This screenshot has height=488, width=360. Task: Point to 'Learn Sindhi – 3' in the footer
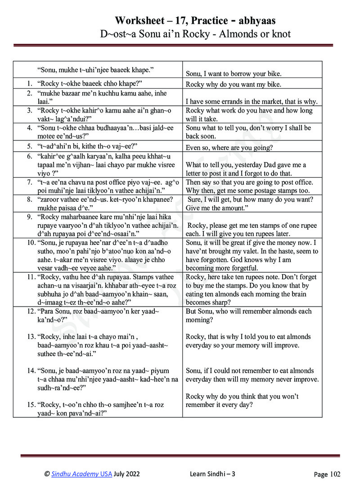pyautogui.click(x=212, y=474)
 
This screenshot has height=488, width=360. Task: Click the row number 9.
pyautogui.click(x=29, y=217)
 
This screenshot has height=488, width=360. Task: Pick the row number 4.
pyautogui.click(x=29, y=128)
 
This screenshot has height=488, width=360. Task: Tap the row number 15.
pyautogui.click(x=31, y=405)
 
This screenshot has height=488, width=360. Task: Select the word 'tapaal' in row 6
pyautogui.click(x=49, y=165)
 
